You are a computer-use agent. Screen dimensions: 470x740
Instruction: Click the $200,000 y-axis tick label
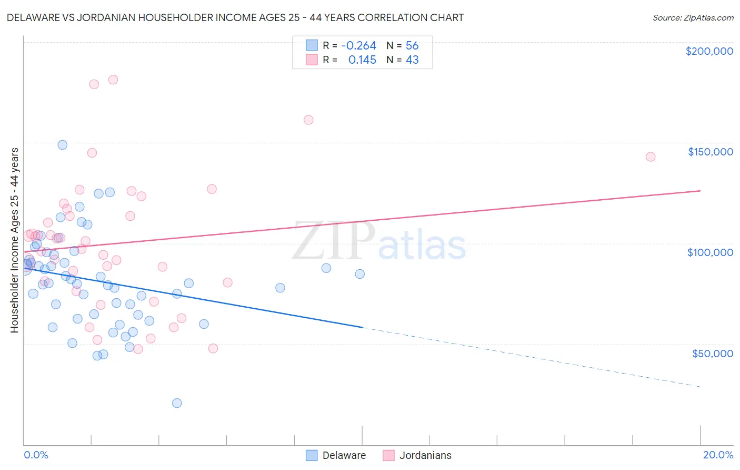pyautogui.click(x=709, y=51)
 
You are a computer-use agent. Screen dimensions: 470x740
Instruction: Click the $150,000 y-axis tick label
pyautogui.click(x=710, y=152)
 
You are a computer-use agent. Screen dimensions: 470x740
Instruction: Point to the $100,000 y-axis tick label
pyautogui.click(x=710, y=252)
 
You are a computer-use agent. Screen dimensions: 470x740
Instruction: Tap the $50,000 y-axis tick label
pyautogui.click(x=712, y=354)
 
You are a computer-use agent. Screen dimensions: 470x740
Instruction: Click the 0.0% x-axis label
pyautogui.click(x=36, y=455)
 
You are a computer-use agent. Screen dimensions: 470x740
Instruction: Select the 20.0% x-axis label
pyautogui.click(x=718, y=455)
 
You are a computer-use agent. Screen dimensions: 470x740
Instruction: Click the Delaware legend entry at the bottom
pyautogui.click(x=344, y=455)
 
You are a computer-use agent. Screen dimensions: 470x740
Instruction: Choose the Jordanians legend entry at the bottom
pyautogui.click(x=425, y=455)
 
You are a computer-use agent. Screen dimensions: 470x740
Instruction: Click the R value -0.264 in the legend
pyautogui.click(x=358, y=45)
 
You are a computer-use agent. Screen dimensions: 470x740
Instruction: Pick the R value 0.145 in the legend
pyautogui.click(x=362, y=60)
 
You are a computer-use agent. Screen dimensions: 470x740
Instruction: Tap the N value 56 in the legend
pyautogui.click(x=412, y=45)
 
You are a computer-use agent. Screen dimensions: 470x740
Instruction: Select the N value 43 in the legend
pyautogui.click(x=412, y=60)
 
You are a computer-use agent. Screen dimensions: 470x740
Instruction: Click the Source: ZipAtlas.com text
pyautogui.click(x=693, y=17)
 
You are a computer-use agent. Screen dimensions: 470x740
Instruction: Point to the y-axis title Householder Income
pyautogui.click(x=14, y=240)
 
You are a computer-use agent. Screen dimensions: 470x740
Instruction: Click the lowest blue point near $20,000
pyautogui.click(x=177, y=403)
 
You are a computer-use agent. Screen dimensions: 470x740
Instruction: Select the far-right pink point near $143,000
pyautogui.click(x=651, y=156)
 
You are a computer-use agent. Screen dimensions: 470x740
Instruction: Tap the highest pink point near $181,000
pyautogui.click(x=113, y=80)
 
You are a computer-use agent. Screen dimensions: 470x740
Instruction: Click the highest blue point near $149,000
pyautogui.click(x=63, y=145)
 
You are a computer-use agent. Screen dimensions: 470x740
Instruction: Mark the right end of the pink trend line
pyautogui.click(x=700, y=191)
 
